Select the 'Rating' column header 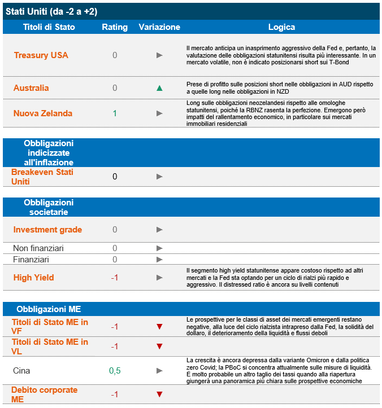(x=115, y=27)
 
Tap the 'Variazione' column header (x=159, y=27)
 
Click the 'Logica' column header (x=281, y=27)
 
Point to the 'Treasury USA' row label (x=41, y=55)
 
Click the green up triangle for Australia (x=159, y=88)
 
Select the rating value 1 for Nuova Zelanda (x=115, y=113)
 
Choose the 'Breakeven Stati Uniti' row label (x=42, y=177)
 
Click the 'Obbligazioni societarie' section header (x=49, y=207)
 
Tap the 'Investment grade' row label (x=47, y=230)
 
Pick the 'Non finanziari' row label (x=38, y=248)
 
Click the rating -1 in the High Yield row (x=115, y=278)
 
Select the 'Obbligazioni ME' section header (x=49, y=309)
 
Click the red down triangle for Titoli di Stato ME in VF (x=159, y=327)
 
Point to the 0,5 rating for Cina (x=115, y=371)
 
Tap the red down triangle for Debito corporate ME (x=159, y=394)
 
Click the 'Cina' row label (x=21, y=371)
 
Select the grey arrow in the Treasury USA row (x=159, y=55)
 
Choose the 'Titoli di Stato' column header (x=49, y=27)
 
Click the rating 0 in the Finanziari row (x=115, y=260)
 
